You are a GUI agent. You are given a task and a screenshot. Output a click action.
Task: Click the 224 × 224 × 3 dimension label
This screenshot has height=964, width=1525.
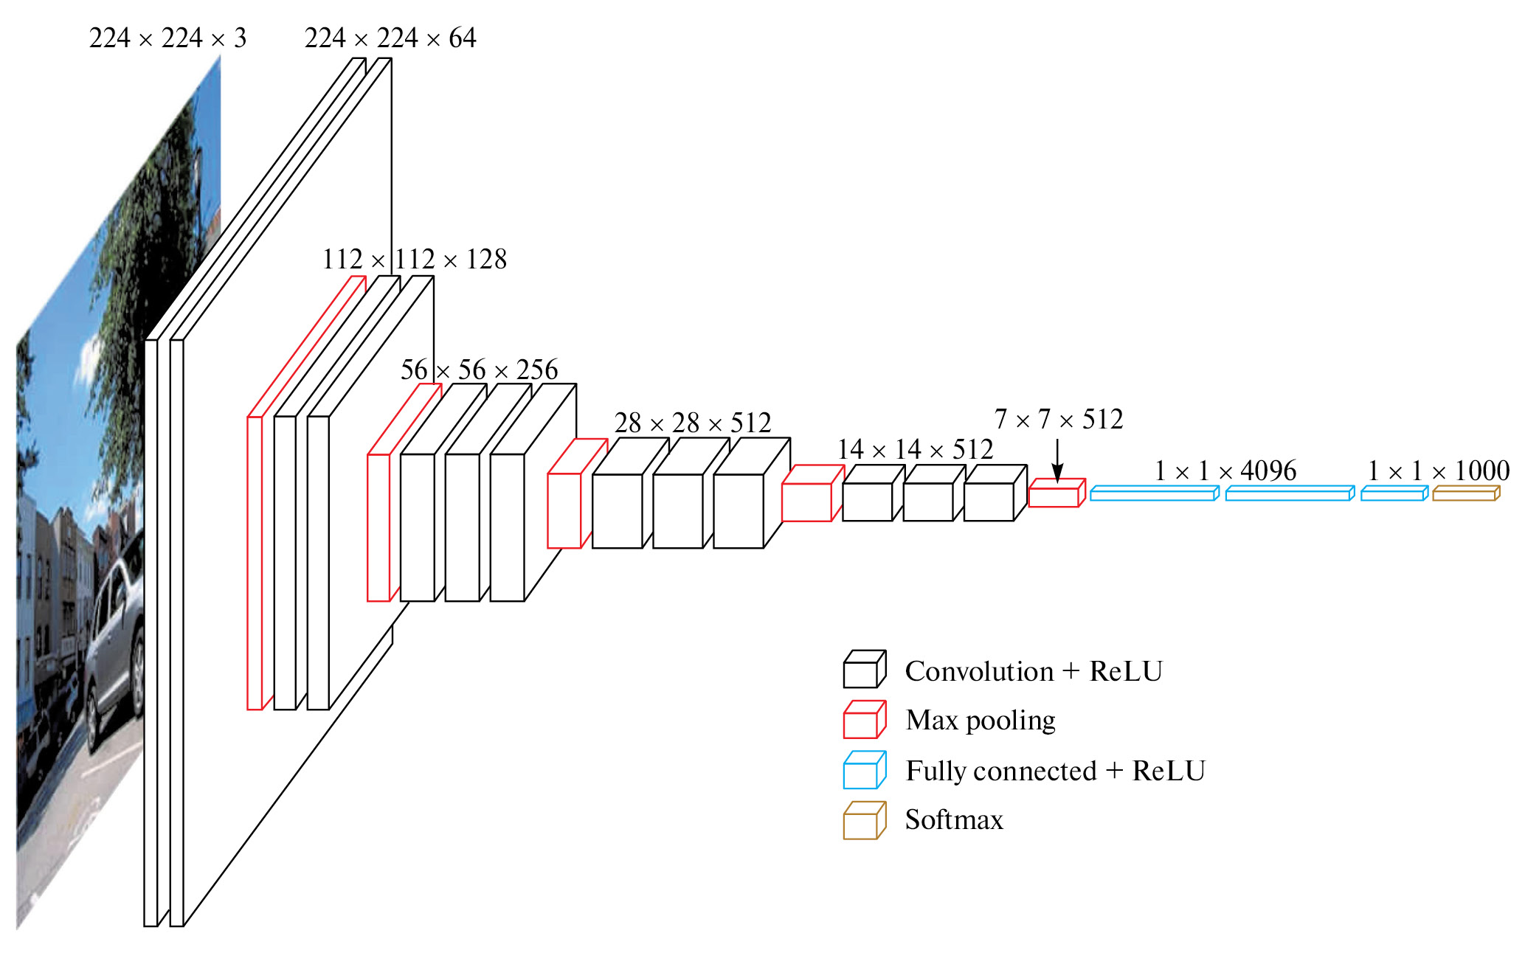[167, 38]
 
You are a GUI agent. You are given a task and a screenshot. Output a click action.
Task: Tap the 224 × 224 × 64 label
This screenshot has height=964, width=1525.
[390, 38]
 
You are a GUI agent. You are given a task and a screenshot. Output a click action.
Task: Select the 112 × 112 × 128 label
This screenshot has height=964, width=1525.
[415, 260]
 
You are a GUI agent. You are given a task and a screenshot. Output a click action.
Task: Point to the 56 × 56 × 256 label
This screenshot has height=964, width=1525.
[479, 370]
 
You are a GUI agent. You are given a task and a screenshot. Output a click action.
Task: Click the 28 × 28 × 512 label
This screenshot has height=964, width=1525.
[693, 423]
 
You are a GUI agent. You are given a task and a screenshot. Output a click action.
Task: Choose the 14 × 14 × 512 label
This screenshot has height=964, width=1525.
[915, 450]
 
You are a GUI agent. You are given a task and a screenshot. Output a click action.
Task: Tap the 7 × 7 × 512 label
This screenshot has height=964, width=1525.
[1058, 420]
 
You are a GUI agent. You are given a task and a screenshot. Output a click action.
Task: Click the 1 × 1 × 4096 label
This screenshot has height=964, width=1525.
[1225, 471]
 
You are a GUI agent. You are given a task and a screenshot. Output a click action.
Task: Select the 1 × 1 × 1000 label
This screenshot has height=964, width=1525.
[1438, 471]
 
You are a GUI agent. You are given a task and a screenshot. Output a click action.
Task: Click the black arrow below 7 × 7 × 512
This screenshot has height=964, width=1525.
[1057, 462]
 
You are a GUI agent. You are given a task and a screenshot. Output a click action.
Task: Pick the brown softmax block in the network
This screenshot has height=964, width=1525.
[1465, 493]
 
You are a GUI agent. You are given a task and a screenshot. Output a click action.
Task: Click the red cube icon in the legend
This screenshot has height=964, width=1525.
[864, 720]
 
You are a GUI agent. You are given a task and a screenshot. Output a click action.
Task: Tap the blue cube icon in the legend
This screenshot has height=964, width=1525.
[864, 770]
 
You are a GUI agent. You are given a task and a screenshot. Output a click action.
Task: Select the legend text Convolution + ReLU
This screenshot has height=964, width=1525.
[1034, 672]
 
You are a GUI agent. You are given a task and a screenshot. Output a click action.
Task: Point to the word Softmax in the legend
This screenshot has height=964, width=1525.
[954, 820]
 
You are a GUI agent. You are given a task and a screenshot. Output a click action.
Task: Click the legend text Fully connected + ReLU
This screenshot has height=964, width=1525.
[1055, 771]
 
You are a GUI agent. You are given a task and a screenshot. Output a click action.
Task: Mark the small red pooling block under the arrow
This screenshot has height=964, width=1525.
[1056, 494]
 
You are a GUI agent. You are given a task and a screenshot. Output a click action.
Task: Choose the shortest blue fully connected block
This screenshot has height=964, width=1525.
[1394, 493]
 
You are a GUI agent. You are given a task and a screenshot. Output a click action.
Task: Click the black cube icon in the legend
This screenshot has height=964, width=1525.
[864, 670]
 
